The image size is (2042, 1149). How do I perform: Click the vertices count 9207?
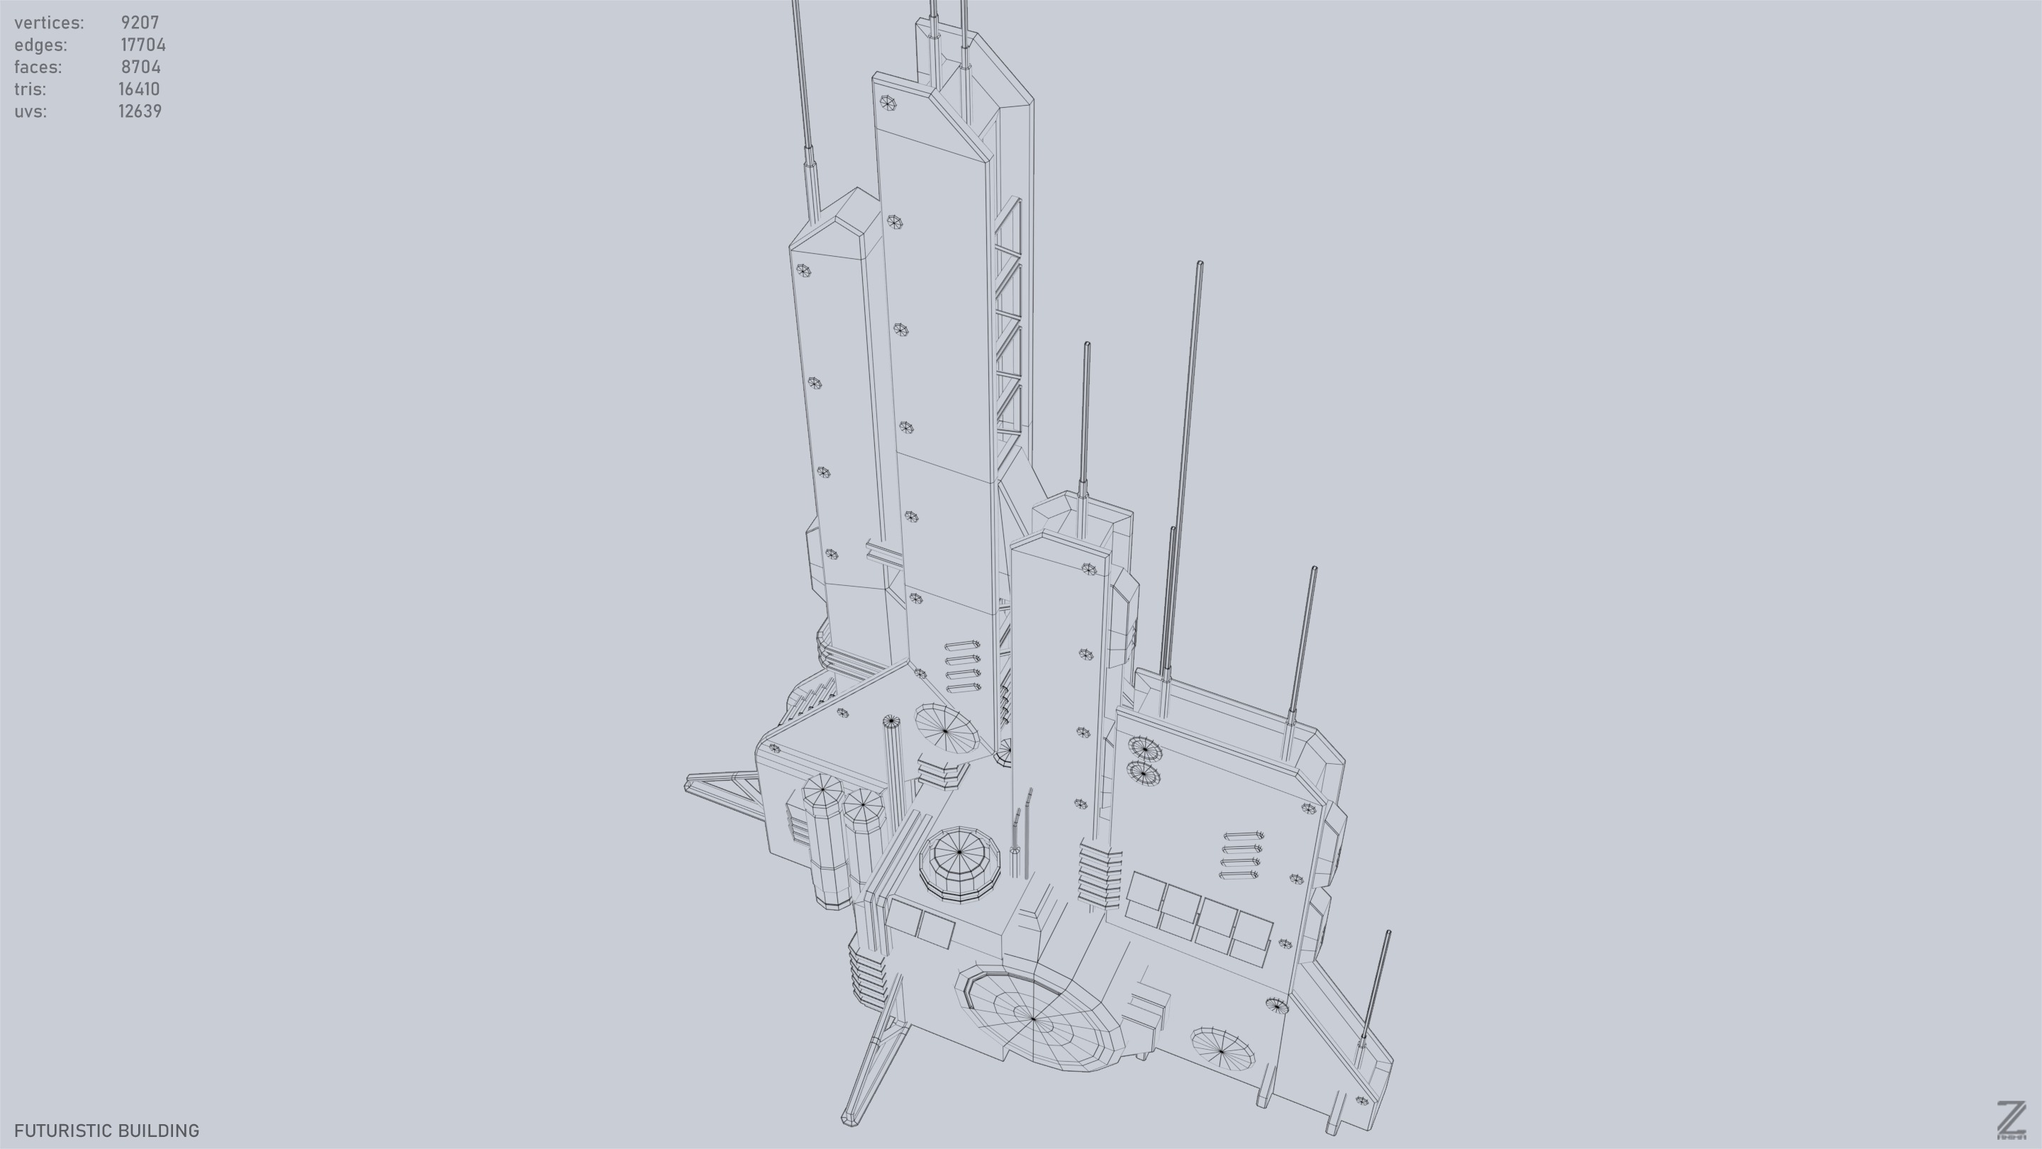[140, 23]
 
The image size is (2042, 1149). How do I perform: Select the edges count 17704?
[143, 45]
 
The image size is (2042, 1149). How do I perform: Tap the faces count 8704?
[140, 67]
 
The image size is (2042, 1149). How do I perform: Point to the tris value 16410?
[139, 89]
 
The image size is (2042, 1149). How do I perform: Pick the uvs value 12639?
[140, 112]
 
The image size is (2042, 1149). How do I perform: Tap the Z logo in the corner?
[2010, 1120]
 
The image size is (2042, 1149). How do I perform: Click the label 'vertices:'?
[49, 23]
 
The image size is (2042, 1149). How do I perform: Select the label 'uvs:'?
[30, 112]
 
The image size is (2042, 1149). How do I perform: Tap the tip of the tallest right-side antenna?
[1200, 264]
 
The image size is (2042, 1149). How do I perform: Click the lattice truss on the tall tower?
[1008, 317]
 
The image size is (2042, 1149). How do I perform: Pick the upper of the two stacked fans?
[1144, 748]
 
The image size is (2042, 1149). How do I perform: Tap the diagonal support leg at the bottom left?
[872, 1055]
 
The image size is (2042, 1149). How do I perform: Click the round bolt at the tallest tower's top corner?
[887, 102]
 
